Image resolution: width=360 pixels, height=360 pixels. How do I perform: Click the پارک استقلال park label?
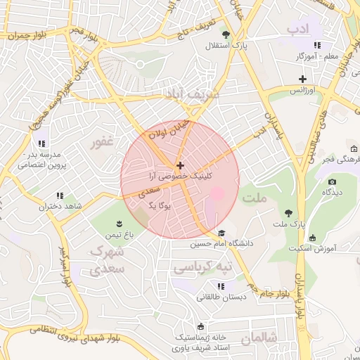pyautogui.click(x=223, y=46)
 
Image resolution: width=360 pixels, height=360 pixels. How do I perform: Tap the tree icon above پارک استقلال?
pyautogui.click(x=226, y=34)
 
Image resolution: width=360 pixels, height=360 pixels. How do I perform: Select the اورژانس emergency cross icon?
pyautogui.click(x=303, y=79)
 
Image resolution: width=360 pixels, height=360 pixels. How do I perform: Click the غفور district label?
pyautogui.click(x=101, y=142)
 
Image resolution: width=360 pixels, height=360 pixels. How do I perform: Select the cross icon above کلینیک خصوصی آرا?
pyautogui.click(x=180, y=165)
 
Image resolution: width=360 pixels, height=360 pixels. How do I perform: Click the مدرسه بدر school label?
pyautogui.click(x=44, y=159)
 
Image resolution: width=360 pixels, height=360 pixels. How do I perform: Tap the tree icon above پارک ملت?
pyautogui.click(x=288, y=212)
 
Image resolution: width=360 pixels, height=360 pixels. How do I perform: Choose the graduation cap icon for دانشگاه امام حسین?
pyautogui.click(x=222, y=233)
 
